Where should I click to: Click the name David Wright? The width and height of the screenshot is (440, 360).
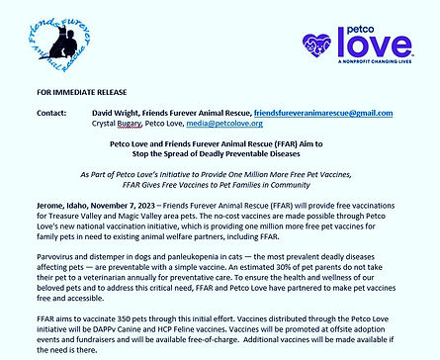(x=124, y=115)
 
